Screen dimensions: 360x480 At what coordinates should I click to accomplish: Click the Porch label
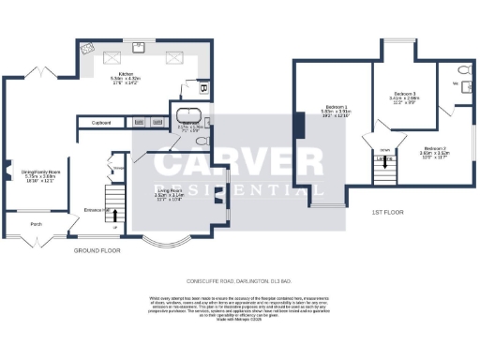click(37, 224)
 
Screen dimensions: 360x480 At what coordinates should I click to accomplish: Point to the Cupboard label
click(102, 123)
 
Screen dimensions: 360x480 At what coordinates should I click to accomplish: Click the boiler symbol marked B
click(203, 89)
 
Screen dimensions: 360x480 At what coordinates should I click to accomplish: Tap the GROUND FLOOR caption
click(97, 251)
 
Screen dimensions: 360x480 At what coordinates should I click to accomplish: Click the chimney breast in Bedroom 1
click(298, 124)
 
